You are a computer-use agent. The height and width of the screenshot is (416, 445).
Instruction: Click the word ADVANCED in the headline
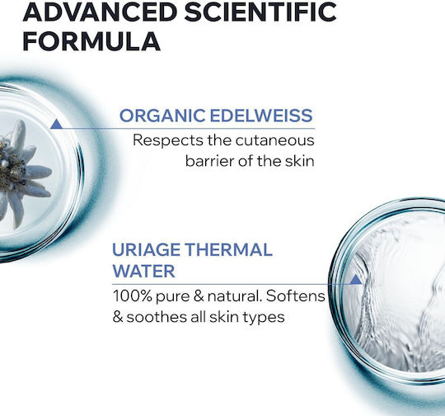click(100, 12)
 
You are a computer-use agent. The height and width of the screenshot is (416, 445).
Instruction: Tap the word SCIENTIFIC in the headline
click(261, 12)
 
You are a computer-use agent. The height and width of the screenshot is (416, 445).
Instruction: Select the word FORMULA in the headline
click(91, 41)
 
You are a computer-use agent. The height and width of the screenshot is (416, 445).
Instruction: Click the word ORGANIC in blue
click(162, 116)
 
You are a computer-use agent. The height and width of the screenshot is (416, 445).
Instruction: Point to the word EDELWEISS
click(261, 116)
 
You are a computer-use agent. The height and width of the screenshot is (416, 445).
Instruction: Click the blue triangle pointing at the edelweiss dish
click(56, 124)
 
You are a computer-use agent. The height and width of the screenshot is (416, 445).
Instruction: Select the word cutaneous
click(274, 140)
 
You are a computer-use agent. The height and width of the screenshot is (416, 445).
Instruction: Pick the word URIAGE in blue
click(146, 249)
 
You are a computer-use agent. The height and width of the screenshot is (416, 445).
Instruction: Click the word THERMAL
click(229, 249)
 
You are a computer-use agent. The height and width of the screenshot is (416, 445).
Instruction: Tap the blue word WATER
click(144, 271)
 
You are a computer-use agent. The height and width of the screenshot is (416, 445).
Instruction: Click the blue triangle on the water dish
click(356, 279)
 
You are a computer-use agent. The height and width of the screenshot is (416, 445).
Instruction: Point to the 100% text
click(133, 295)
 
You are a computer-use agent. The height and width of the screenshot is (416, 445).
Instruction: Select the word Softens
click(296, 295)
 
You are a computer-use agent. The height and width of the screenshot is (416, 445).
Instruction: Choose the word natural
click(235, 295)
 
